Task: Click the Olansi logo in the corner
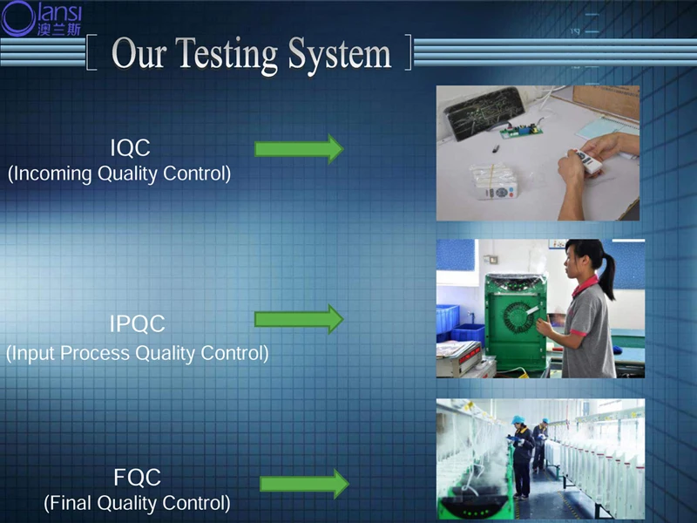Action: [x=41, y=18]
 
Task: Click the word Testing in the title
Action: [x=228, y=54]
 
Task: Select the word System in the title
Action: [x=340, y=54]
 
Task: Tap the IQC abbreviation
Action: [x=130, y=147]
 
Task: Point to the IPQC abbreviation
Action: [x=138, y=323]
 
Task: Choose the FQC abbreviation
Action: [x=137, y=477]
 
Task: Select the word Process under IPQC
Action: [x=95, y=353]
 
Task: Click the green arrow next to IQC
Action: [x=299, y=148]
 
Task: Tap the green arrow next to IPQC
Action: [x=299, y=319]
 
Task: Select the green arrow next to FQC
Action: [x=304, y=484]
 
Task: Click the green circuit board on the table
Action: [x=521, y=131]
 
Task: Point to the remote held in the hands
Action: [x=587, y=161]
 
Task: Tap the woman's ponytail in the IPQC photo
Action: [x=608, y=275]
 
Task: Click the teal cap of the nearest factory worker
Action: [x=518, y=419]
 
